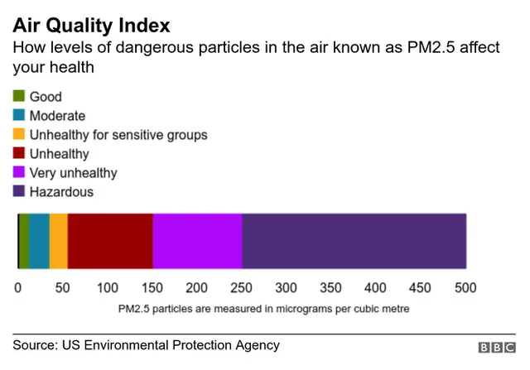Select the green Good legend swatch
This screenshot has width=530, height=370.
point(18,97)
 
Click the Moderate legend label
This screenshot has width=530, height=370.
point(57,116)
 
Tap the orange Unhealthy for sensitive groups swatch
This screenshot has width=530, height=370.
point(18,135)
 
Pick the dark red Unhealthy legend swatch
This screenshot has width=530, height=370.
point(18,154)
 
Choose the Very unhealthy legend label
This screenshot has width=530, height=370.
point(73,173)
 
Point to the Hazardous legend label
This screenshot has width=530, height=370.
point(61,192)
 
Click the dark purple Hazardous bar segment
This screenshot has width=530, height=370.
point(354,241)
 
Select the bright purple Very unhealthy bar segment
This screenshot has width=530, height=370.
point(197,241)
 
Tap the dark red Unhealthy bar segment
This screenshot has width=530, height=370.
point(110,241)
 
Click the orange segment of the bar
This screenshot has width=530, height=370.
point(59,241)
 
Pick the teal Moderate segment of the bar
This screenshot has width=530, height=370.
point(39,241)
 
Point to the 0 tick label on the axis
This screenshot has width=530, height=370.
point(18,288)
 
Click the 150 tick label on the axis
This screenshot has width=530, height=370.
point(152,288)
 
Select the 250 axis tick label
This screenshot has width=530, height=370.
point(242,288)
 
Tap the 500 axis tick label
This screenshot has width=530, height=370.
point(465,288)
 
